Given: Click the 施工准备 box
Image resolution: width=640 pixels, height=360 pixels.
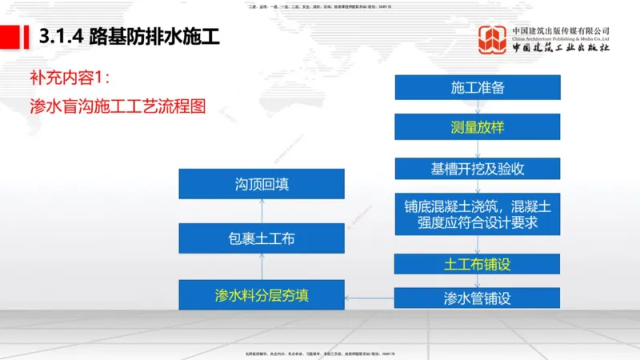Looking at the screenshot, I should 478,87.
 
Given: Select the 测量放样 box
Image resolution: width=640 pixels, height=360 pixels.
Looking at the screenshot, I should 478,127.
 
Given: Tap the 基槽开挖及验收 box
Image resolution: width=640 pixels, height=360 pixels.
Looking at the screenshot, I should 478,169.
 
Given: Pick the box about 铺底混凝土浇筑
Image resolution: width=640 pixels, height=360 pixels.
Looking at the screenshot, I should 478,214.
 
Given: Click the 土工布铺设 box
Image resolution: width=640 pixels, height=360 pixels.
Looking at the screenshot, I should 478,263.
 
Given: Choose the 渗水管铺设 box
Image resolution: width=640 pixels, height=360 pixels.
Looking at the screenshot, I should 478,298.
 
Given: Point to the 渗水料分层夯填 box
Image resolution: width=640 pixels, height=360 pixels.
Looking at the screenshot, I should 262,294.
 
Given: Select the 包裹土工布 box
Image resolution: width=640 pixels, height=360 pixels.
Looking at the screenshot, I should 262,238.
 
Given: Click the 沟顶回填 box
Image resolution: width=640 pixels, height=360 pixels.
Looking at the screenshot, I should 262,183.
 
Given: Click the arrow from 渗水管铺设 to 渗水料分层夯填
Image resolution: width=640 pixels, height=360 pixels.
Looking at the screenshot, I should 370,298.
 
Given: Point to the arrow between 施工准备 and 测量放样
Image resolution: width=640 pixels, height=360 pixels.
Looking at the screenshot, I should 478,106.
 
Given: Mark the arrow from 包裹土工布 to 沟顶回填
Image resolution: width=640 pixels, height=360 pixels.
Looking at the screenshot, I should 262,210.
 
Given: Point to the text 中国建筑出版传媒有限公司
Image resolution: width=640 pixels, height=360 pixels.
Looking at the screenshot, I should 561,30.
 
